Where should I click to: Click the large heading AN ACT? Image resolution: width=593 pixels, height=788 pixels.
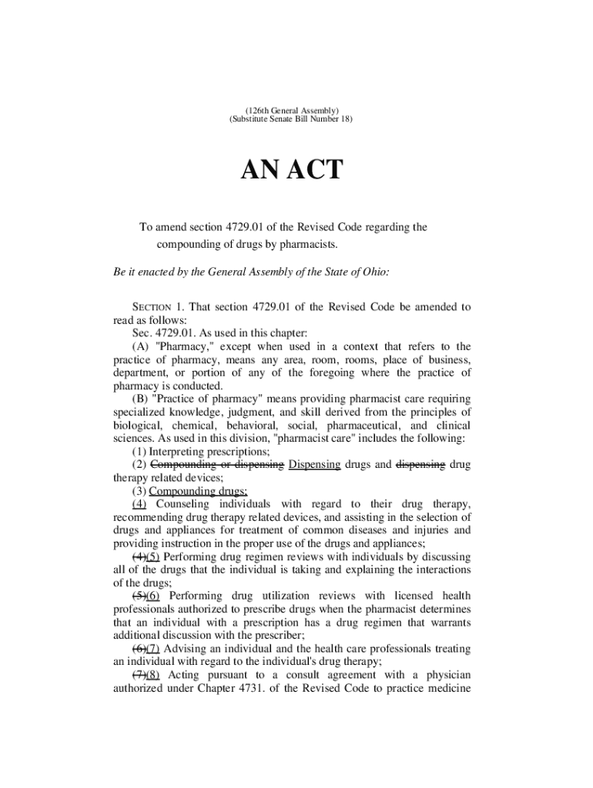[x=292, y=169]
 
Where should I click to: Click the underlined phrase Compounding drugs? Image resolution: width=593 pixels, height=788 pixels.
[x=198, y=491]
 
